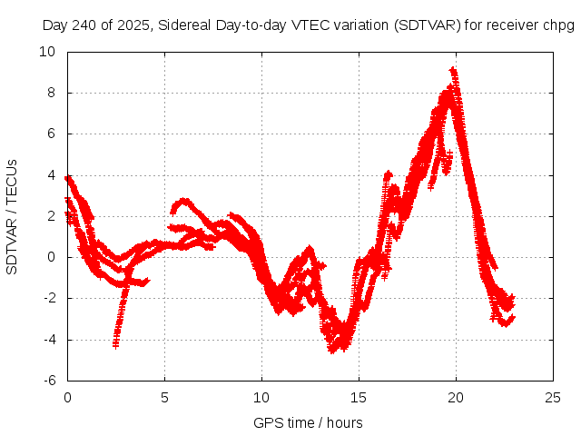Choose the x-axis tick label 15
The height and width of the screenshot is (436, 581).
359,397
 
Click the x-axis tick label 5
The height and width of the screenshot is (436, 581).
164,397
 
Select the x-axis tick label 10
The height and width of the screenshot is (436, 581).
261,397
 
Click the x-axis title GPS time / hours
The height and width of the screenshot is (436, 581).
309,422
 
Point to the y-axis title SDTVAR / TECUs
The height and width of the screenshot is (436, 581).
13,216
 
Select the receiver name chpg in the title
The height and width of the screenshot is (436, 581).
557,25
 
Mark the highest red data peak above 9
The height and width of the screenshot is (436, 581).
452,70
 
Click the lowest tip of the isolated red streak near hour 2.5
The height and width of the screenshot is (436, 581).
115,345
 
